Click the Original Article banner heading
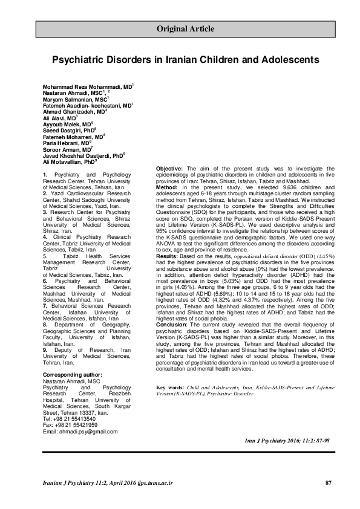[x=185, y=28]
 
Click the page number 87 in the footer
[x=329, y=482]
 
